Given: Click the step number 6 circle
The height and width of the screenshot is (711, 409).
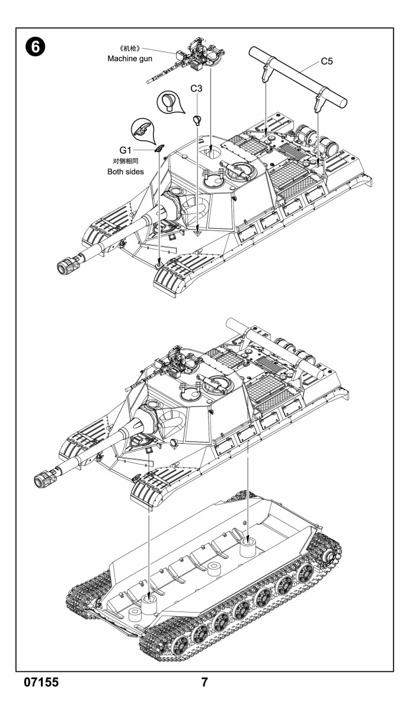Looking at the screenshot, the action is pyautogui.click(x=35, y=47).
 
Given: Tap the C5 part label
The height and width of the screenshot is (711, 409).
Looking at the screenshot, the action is pyautogui.click(x=327, y=61).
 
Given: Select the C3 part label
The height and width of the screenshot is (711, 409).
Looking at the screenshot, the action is pyautogui.click(x=196, y=88).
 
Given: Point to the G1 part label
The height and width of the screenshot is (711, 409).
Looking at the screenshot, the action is pyautogui.click(x=125, y=150).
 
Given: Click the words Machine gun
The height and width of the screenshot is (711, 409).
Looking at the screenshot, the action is pyautogui.click(x=130, y=59).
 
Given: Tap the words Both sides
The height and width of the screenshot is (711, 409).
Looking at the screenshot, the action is pyautogui.click(x=126, y=172).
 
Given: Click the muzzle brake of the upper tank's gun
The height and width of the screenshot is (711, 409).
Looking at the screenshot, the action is pyautogui.click(x=68, y=264).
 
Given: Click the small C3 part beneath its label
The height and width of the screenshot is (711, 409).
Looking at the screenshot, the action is pyautogui.click(x=197, y=120).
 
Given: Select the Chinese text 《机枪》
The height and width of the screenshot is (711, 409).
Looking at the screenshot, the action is pyautogui.click(x=130, y=49).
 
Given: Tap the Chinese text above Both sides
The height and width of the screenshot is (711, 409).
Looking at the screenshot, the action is pyautogui.click(x=126, y=161).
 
